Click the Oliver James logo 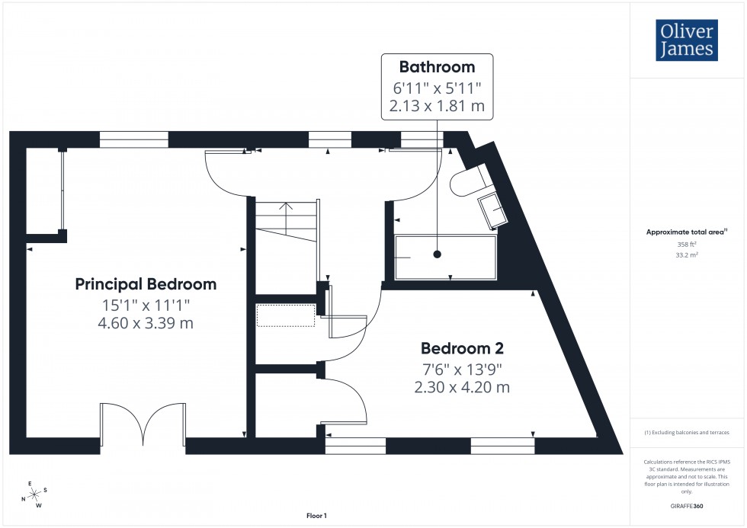[686, 40]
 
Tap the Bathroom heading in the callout [438, 67]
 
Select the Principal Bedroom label [146, 284]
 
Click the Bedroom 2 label [463, 349]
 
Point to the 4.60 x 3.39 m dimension [146, 323]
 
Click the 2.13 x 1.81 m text [437, 106]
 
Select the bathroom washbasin [492, 208]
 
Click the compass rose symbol [33, 494]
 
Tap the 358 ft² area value [687, 244]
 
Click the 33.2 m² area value [687, 255]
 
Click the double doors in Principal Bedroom [143, 425]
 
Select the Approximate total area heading [686, 232]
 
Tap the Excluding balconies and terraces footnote [687, 432]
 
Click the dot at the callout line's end [438, 254]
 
